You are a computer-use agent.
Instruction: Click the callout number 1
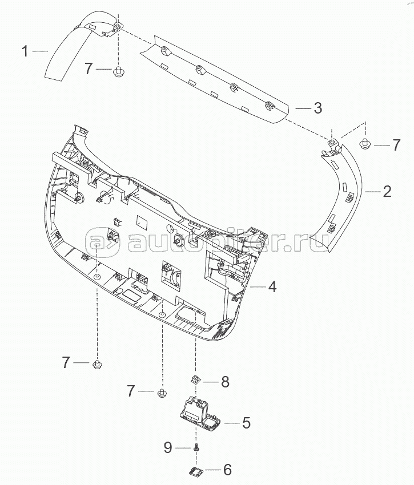(25, 51)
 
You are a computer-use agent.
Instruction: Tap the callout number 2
(387, 192)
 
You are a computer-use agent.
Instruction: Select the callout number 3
(317, 107)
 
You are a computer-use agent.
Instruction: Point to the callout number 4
(272, 286)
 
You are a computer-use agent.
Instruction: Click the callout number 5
(246, 423)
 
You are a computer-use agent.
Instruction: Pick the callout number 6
(226, 470)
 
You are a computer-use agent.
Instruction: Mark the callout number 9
(167, 448)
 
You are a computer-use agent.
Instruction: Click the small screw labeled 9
(196, 447)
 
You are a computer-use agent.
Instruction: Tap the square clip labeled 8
(195, 379)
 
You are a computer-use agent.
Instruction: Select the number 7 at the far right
(396, 145)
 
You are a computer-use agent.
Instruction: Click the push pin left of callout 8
(162, 393)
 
